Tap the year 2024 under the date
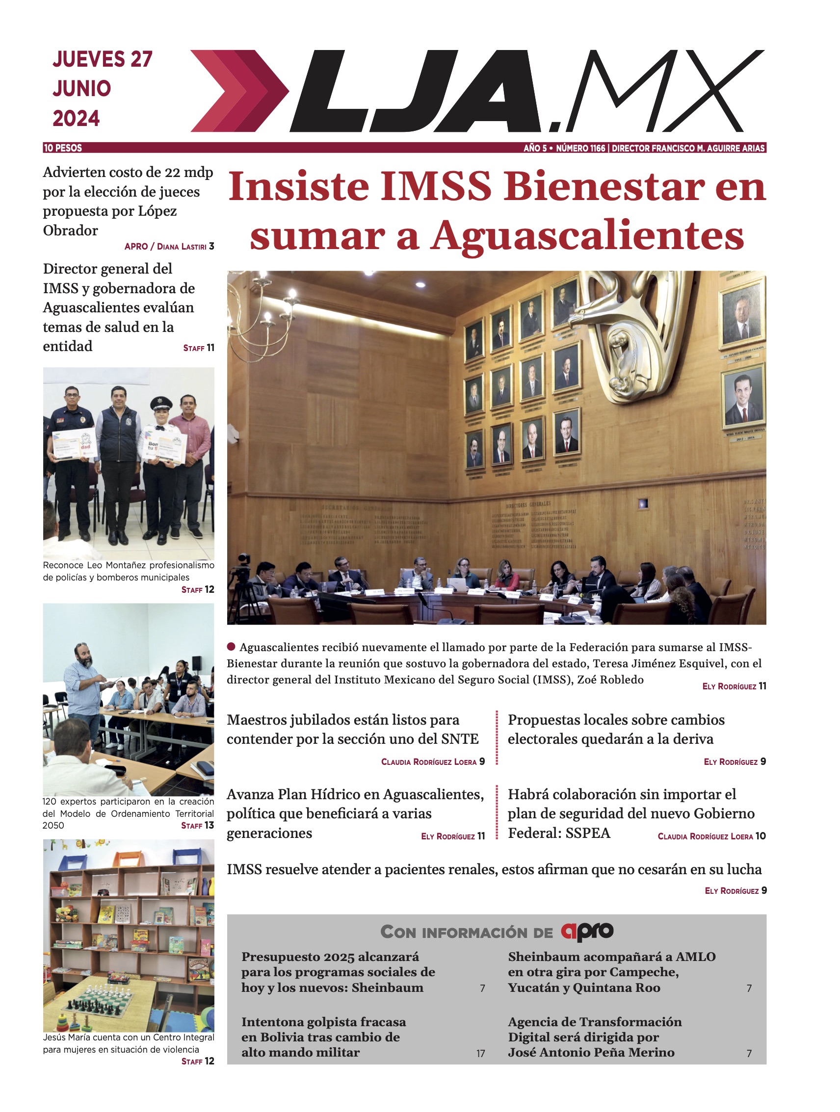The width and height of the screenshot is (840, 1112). tap(77, 119)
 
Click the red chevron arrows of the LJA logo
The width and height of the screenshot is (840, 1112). tap(236, 91)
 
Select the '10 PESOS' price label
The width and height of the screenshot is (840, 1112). tap(63, 148)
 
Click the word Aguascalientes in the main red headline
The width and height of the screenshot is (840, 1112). tap(587, 236)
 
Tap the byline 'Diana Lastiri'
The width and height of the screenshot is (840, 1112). tap(182, 247)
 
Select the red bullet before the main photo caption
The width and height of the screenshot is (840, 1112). tap(232, 647)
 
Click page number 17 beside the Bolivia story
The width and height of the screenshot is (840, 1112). tap(481, 1054)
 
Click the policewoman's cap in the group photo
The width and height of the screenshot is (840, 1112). tap(161, 403)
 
